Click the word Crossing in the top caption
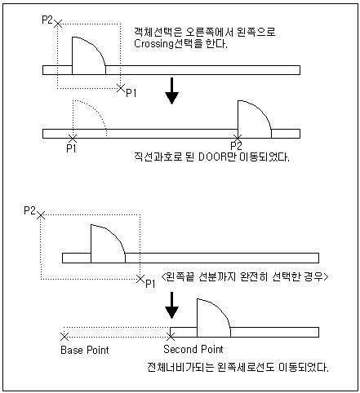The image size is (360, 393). (x=153, y=43)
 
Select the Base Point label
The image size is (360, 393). (x=85, y=350)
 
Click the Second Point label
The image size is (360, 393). (x=193, y=349)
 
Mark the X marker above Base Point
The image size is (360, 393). (x=64, y=337)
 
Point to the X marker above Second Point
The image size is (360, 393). (x=171, y=337)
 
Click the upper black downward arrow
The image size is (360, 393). (x=171, y=91)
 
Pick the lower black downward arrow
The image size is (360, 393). (x=171, y=305)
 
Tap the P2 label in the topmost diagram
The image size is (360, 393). (x=47, y=20)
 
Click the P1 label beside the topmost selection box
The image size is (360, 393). (x=131, y=93)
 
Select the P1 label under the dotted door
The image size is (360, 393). (x=71, y=148)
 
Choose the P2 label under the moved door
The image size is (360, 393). (x=236, y=146)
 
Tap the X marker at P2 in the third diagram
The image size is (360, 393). (x=41, y=215)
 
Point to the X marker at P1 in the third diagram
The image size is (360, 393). (x=140, y=279)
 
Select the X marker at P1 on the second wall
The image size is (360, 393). (x=73, y=139)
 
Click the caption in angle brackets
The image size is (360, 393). (x=245, y=277)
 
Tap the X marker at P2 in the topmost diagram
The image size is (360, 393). (x=58, y=24)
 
